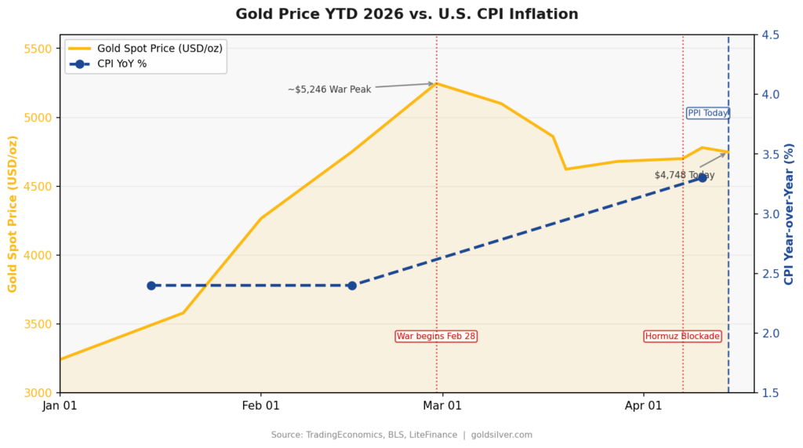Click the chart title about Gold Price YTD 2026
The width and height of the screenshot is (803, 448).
click(407, 14)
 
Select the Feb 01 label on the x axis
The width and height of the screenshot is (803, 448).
click(261, 406)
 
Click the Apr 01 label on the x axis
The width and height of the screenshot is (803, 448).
click(644, 406)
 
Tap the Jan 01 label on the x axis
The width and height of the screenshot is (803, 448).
click(60, 406)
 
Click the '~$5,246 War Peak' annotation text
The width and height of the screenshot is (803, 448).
click(329, 89)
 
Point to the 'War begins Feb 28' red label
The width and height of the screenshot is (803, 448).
click(436, 336)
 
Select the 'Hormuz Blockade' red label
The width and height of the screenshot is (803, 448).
click(682, 336)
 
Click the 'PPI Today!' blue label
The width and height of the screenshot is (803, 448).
click(708, 113)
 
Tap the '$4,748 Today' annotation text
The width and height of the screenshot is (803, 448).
click(685, 175)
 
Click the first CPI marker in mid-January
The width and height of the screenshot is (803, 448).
click(151, 286)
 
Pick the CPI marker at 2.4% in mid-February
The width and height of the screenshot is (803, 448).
click(352, 286)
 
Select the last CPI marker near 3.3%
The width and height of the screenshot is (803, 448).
click(703, 178)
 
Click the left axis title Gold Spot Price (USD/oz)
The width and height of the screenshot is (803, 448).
click(13, 213)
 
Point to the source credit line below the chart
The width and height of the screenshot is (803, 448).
click(401, 435)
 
